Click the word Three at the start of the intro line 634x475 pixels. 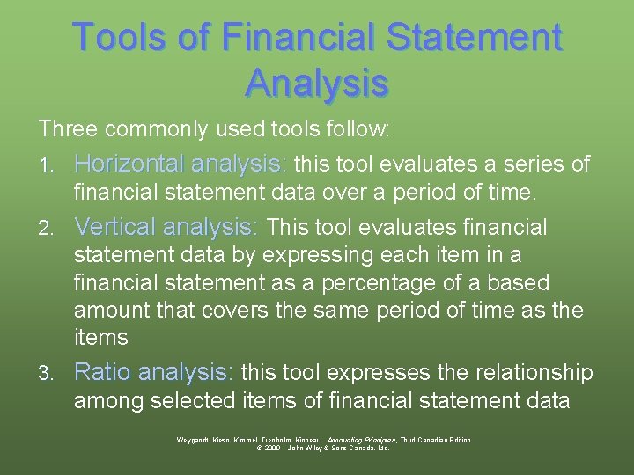click(x=68, y=129)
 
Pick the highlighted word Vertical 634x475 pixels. click(x=115, y=228)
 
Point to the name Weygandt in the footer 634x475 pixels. click(x=196, y=440)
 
